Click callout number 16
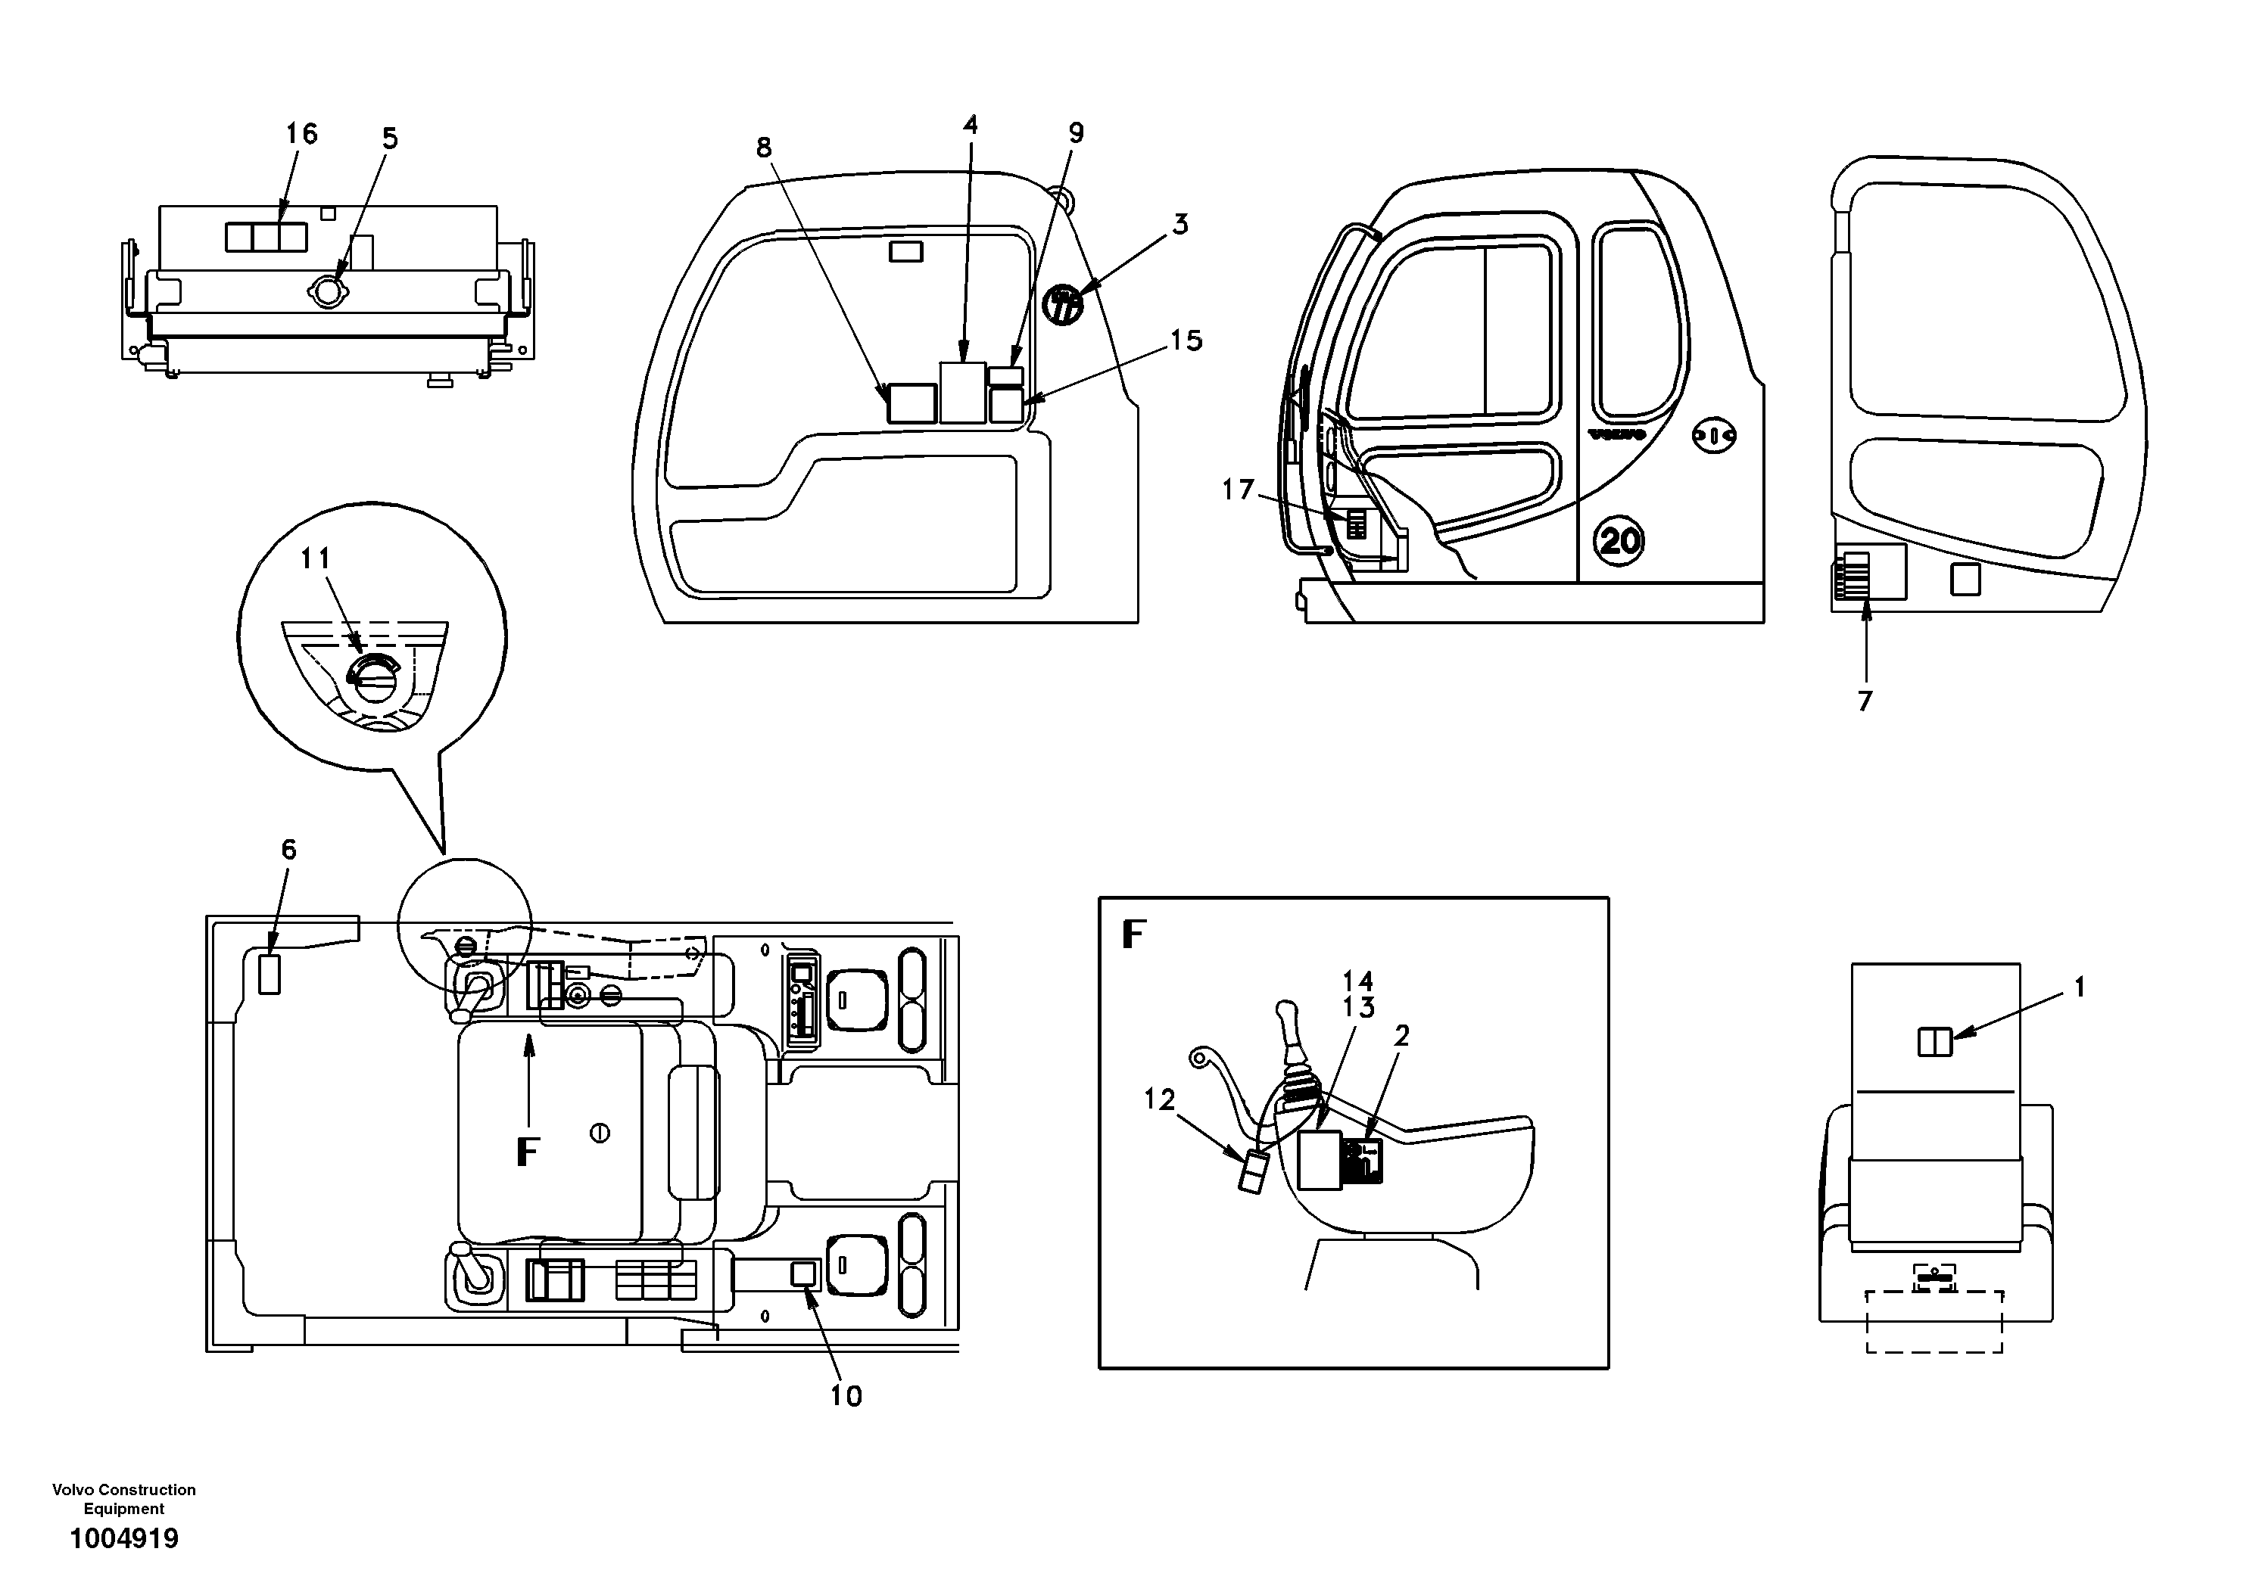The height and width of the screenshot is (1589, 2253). [x=301, y=135]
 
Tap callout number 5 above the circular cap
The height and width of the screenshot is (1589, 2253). [x=390, y=139]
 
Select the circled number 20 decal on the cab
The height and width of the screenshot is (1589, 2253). [x=1618, y=540]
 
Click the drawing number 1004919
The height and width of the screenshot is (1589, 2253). [x=123, y=1538]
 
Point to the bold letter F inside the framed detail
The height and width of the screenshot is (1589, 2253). [x=1133, y=934]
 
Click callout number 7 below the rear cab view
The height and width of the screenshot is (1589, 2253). [x=1865, y=701]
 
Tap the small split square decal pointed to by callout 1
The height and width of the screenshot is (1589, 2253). [x=1935, y=1042]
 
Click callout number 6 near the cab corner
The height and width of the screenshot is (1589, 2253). [x=288, y=850]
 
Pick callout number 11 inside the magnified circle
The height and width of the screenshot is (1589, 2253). [x=315, y=559]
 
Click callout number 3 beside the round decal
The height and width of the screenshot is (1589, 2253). [x=1180, y=225]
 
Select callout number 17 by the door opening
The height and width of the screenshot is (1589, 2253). [x=1239, y=489]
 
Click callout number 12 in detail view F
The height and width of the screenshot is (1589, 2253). [x=1159, y=1099]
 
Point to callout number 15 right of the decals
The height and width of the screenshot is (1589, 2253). [x=1186, y=340]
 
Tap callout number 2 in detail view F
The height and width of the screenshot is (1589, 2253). [x=1401, y=1035]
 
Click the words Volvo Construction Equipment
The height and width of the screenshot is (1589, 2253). [x=123, y=1499]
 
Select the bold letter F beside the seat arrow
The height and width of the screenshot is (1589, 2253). [x=528, y=1152]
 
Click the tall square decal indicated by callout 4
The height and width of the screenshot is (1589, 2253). [x=963, y=393]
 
